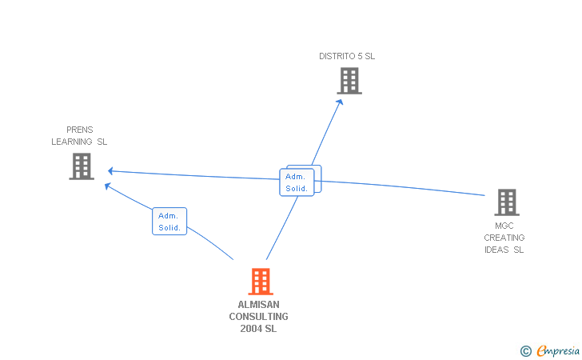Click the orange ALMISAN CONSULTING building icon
click(x=261, y=282)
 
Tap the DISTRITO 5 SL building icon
click(x=349, y=81)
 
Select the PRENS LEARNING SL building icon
click(x=82, y=166)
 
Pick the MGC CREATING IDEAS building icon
click(x=506, y=202)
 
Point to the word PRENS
click(x=79, y=130)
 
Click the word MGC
click(x=504, y=226)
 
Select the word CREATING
click(x=504, y=238)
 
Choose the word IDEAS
click(x=497, y=250)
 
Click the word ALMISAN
click(x=258, y=305)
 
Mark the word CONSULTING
click(x=258, y=317)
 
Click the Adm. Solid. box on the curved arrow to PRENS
click(x=169, y=222)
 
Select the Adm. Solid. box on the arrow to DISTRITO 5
click(x=297, y=182)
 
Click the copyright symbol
click(x=525, y=350)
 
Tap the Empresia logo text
click(x=556, y=350)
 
